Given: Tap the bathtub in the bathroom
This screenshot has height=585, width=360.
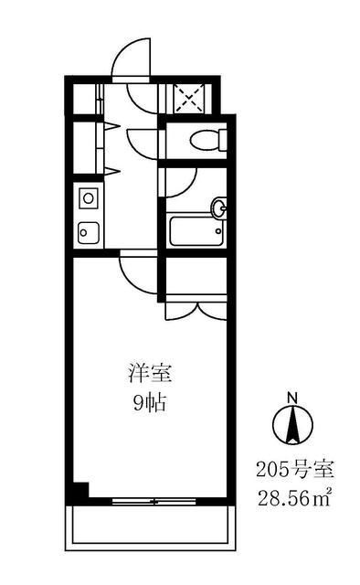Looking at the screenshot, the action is pyautogui.click(x=195, y=230).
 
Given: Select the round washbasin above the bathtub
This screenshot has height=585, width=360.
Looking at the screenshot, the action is pyautogui.click(x=217, y=207).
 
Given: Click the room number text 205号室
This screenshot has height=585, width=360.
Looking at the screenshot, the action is pyautogui.click(x=294, y=472).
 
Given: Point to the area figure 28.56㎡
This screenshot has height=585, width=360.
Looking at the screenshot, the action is pyautogui.click(x=294, y=499).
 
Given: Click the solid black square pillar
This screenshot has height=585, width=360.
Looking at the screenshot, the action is pyautogui.click(x=79, y=490).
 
